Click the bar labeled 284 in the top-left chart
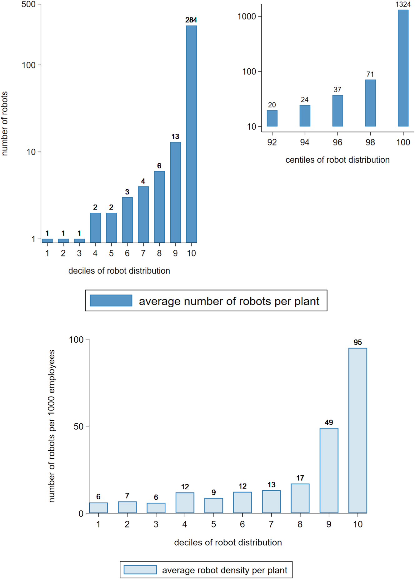click(x=191, y=134)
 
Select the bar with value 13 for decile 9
click(x=175, y=192)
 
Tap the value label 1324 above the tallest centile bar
click(x=403, y=4)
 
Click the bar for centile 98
click(x=370, y=103)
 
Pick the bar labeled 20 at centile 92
click(x=272, y=118)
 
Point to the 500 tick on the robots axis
click(x=28, y=4)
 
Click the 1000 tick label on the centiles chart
click(x=247, y=17)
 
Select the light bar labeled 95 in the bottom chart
click(x=357, y=430)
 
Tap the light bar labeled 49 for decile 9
click(x=329, y=470)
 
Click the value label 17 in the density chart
click(x=300, y=478)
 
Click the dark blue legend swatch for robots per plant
click(x=111, y=300)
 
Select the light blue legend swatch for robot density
click(x=140, y=570)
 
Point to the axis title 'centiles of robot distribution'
click(x=337, y=160)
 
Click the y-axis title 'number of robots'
click(x=4, y=123)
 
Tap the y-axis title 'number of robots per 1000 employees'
click(x=52, y=426)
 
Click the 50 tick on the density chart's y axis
click(x=78, y=427)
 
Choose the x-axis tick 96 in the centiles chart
click(x=337, y=142)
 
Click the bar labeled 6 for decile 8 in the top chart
click(x=159, y=207)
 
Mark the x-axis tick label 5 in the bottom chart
click(x=213, y=524)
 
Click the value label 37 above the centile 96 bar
click(x=337, y=90)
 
